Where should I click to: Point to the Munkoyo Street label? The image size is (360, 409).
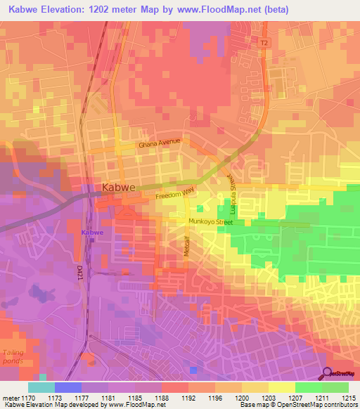[x=210, y=222]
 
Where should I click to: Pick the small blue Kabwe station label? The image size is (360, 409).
[x=91, y=232]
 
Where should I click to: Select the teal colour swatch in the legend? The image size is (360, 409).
[x=41, y=387]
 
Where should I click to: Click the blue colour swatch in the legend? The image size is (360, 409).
[x=68, y=387]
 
